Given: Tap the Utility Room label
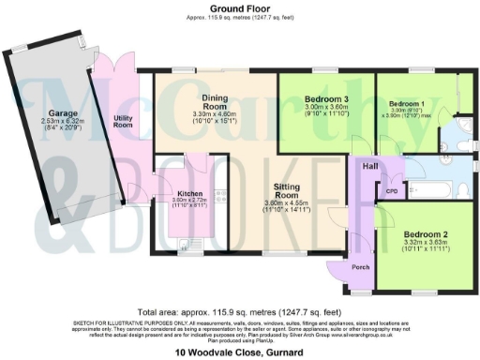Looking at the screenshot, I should point(123,121).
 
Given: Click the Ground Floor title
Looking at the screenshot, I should point(240,8).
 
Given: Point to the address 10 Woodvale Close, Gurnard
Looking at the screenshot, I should point(240,353).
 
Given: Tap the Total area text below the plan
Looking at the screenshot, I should point(240,311).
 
